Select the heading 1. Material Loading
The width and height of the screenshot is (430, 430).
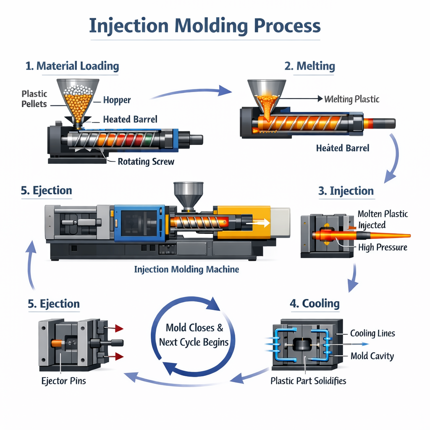[72, 66]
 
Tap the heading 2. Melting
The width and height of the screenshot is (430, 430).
[310, 66]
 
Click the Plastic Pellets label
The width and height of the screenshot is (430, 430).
[34, 99]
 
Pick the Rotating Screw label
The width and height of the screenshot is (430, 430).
[146, 162]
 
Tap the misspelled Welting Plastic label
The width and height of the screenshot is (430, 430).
[352, 99]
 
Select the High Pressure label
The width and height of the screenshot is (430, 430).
[383, 247]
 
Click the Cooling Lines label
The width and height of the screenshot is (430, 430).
[372, 333]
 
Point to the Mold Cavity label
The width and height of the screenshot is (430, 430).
[372, 356]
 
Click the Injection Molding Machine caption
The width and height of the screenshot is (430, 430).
[186, 269]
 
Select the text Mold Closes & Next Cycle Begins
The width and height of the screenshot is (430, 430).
[194, 335]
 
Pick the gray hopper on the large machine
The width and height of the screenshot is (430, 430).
[189, 193]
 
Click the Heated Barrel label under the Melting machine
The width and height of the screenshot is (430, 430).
[343, 148]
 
